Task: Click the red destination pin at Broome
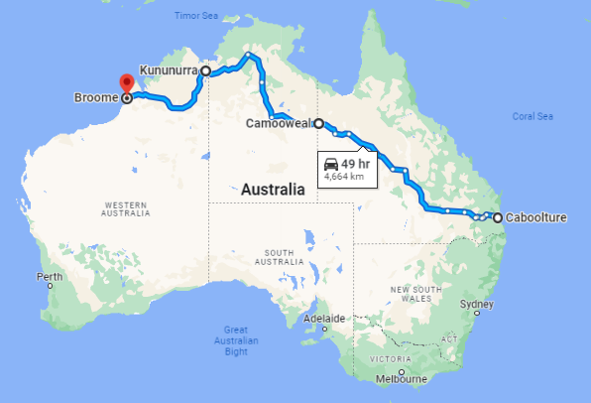click(126, 83)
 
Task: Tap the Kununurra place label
click(168, 71)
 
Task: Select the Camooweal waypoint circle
click(318, 124)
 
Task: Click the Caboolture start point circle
click(497, 217)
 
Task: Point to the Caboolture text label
click(536, 217)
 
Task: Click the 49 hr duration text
click(358, 163)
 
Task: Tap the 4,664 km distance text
click(344, 177)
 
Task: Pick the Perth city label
click(49, 276)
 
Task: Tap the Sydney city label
click(477, 306)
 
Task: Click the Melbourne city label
click(401, 379)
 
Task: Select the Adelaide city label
click(323, 319)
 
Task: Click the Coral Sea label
click(532, 116)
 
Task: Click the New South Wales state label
click(414, 293)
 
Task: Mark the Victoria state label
click(390, 357)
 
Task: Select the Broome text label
click(95, 97)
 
